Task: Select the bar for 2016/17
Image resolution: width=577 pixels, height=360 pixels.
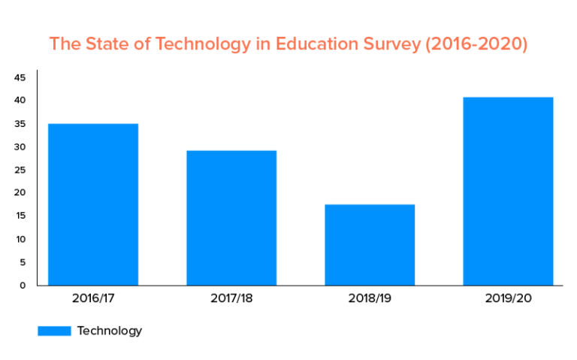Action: (x=93, y=204)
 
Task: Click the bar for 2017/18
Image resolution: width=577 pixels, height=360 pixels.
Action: (x=231, y=218)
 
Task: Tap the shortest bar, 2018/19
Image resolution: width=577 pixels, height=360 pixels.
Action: (x=370, y=244)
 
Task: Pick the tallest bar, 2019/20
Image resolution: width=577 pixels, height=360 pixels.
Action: (x=508, y=191)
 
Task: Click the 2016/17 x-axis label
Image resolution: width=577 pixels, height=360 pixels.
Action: (x=93, y=298)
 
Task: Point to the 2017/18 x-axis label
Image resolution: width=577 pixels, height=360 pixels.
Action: (x=231, y=298)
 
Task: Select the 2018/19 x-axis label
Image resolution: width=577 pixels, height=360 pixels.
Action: (x=370, y=298)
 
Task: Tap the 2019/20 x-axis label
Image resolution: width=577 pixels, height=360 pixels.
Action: (x=508, y=298)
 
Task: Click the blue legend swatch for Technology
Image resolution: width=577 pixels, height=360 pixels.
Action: (x=54, y=331)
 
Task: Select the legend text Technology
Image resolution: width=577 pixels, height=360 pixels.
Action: (x=109, y=331)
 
